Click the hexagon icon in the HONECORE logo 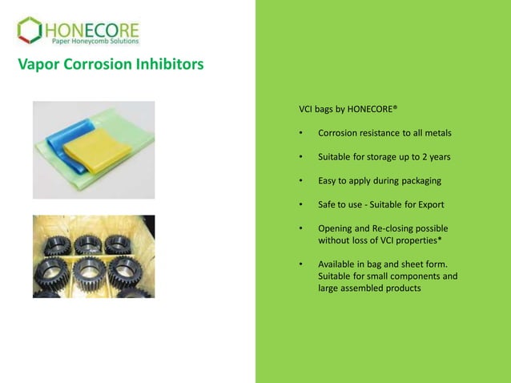[x=29, y=30]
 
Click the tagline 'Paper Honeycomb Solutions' [x=95, y=42]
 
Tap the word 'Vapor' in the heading [x=37, y=64]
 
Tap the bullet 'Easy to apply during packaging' [x=380, y=180]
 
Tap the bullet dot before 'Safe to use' [x=300, y=204]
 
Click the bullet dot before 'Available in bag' [x=300, y=264]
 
